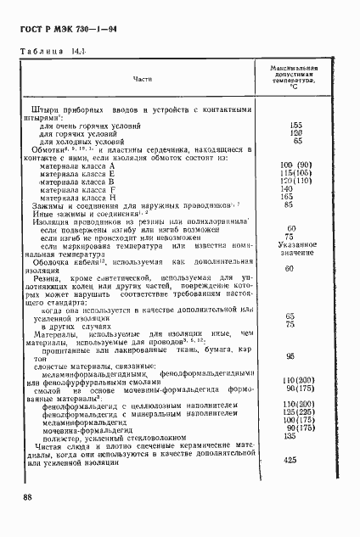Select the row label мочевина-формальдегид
pyautogui.click(x=84, y=429)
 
